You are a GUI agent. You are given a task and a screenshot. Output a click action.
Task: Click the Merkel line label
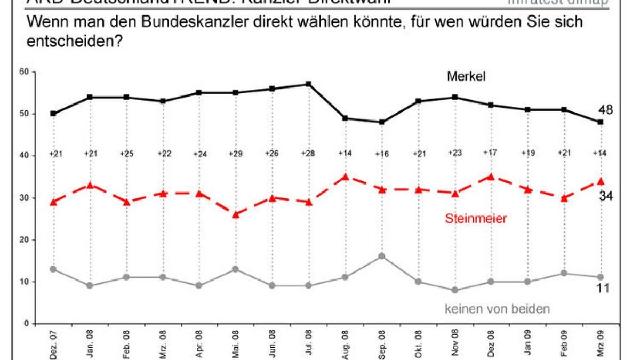click(x=466, y=77)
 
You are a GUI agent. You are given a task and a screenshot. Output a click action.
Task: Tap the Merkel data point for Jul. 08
click(x=308, y=84)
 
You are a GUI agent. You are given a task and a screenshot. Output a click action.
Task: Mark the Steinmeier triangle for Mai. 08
click(x=235, y=214)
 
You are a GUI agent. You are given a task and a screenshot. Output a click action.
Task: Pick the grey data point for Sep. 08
click(x=381, y=256)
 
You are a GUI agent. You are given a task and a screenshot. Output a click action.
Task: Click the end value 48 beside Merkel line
click(x=605, y=110)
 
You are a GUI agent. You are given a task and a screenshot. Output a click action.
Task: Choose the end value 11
click(x=603, y=289)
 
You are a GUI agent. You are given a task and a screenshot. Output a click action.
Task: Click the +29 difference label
click(x=235, y=154)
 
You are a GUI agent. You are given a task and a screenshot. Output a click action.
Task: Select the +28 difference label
click(x=308, y=154)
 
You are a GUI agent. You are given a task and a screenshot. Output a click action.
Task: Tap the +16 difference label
click(x=381, y=154)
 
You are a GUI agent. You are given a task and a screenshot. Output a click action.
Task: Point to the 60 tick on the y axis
click(x=25, y=71)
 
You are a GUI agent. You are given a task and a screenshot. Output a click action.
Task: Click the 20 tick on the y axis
click(x=25, y=240)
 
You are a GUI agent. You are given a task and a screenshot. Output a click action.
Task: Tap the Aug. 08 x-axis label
click(x=345, y=345)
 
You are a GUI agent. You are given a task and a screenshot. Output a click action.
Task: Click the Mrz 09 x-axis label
click(x=601, y=345)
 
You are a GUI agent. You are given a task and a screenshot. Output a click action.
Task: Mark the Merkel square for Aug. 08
click(x=345, y=118)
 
